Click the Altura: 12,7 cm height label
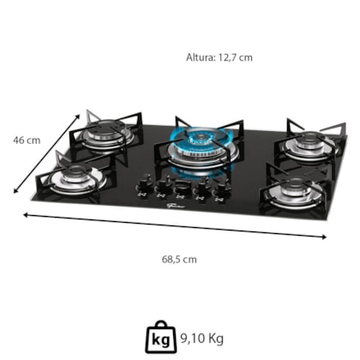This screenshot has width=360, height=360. pos(219,57)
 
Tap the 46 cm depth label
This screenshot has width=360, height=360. pos(27,141)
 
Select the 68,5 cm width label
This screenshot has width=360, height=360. pos(179,260)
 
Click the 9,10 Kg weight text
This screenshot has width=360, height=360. pos(201,339)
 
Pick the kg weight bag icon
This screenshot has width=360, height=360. pos(161,337)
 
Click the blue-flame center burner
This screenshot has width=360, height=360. pos(203,146)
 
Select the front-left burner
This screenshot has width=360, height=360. pos(76,178)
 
